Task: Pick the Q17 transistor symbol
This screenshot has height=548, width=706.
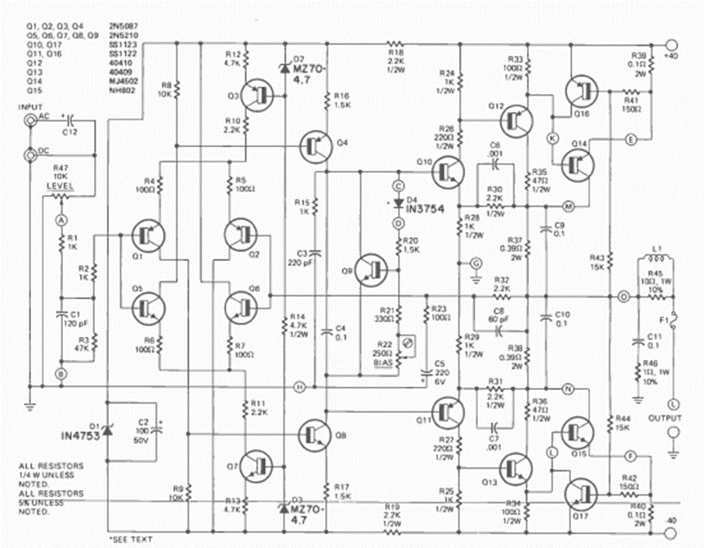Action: click(x=581, y=494)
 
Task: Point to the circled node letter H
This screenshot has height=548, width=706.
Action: click(x=300, y=386)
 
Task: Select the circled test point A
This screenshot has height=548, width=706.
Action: click(x=60, y=220)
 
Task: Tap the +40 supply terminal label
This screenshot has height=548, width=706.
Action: click(x=672, y=56)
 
